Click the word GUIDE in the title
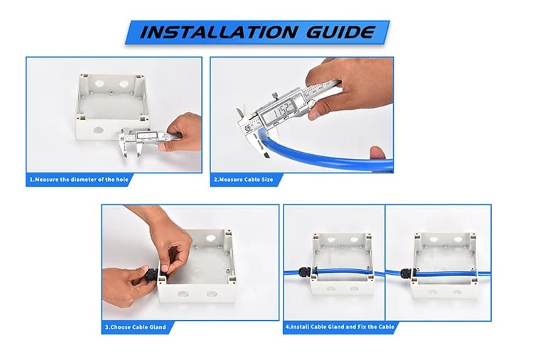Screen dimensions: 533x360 point(340,32)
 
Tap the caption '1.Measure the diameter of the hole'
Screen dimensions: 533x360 point(78,180)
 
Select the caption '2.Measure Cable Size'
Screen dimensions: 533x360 point(243,180)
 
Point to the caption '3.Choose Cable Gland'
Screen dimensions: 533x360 point(135,327)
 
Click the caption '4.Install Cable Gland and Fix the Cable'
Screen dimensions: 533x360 point(340,327)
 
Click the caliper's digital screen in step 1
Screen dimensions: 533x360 point(145,136)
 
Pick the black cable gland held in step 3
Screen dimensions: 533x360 point(152,274)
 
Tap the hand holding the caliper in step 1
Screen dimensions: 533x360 point(181,132)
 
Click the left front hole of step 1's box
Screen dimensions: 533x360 point(98,130)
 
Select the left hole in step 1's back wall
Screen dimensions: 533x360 point(99,83)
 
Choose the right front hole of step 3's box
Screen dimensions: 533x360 point(212,293)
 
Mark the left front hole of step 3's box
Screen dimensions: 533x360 point(183,293)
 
